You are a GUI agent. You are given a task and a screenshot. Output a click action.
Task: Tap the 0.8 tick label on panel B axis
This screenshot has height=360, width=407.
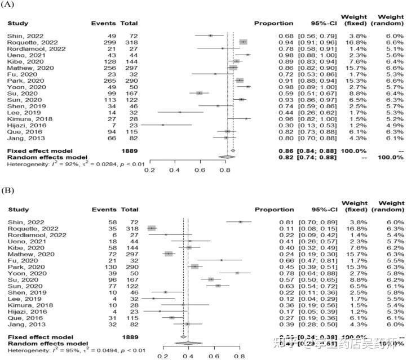240,356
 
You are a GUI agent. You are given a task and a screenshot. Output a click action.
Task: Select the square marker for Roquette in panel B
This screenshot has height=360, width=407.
152,228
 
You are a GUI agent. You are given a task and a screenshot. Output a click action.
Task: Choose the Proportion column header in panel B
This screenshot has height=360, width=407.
274,209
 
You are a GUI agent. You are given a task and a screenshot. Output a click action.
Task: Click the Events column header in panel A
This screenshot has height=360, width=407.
104,24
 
